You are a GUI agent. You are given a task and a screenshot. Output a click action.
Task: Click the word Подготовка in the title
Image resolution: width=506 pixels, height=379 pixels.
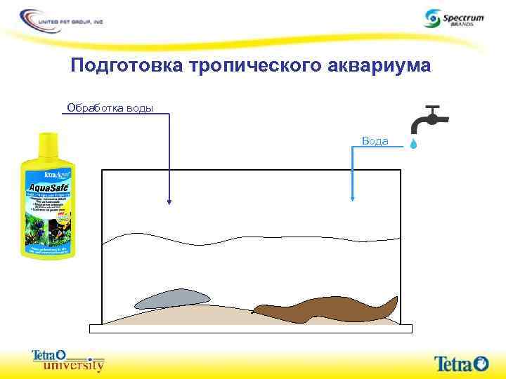pyautogui.click(x=126, y=66)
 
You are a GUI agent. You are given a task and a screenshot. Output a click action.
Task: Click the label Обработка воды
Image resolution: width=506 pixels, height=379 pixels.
pyautogui.click(x=109, y=107)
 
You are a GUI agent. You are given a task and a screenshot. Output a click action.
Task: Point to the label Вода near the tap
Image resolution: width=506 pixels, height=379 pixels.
pyautogui.click(x=375, y=141)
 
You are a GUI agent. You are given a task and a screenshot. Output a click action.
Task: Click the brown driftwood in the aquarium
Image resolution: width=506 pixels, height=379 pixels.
pyautogui.click(x=323, y=308)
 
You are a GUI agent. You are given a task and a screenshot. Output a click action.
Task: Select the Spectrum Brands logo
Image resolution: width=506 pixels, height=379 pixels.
pyautogui.click(x=453, y=18)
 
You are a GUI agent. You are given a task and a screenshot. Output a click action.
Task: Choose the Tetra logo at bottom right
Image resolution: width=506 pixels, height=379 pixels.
pyautogui.click(x=460, y=363)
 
